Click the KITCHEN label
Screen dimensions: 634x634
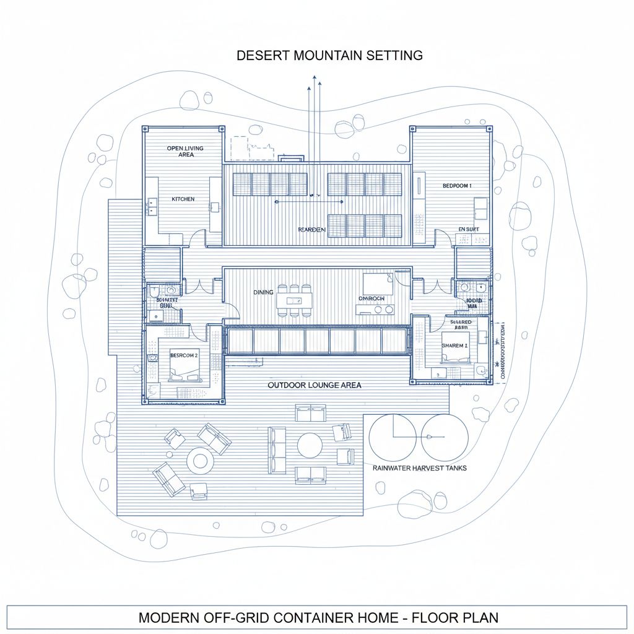(183, 199)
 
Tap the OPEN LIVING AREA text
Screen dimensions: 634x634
(185, 151)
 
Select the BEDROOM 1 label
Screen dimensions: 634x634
(457, 186)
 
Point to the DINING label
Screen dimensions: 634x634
(264, 292)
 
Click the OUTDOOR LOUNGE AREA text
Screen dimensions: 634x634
(315, 385)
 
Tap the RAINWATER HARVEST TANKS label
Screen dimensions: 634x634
(420, 468)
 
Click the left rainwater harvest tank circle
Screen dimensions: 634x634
(393, 438)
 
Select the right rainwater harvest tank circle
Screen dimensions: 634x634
(445, 437)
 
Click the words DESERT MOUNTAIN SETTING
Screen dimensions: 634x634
(329, 55)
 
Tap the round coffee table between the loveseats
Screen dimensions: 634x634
(310, 445)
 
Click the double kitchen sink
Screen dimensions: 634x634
(152, 207)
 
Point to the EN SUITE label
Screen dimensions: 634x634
(469, 230)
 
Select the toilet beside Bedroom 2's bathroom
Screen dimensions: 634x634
(154, 290)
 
